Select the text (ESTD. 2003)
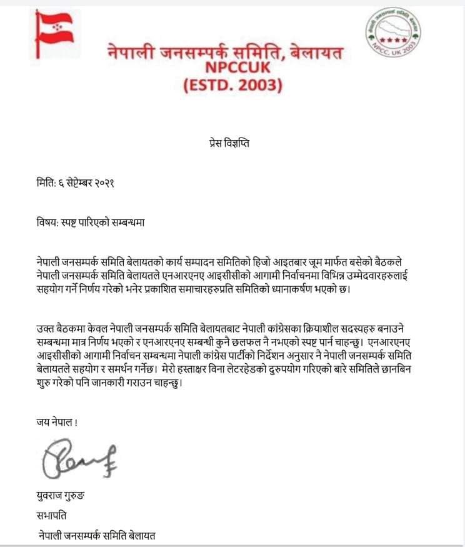point(232,85)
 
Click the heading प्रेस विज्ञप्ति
point(232,143)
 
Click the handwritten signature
point(78,459)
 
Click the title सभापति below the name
point(52,516)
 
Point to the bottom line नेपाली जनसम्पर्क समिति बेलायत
point(97,535)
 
